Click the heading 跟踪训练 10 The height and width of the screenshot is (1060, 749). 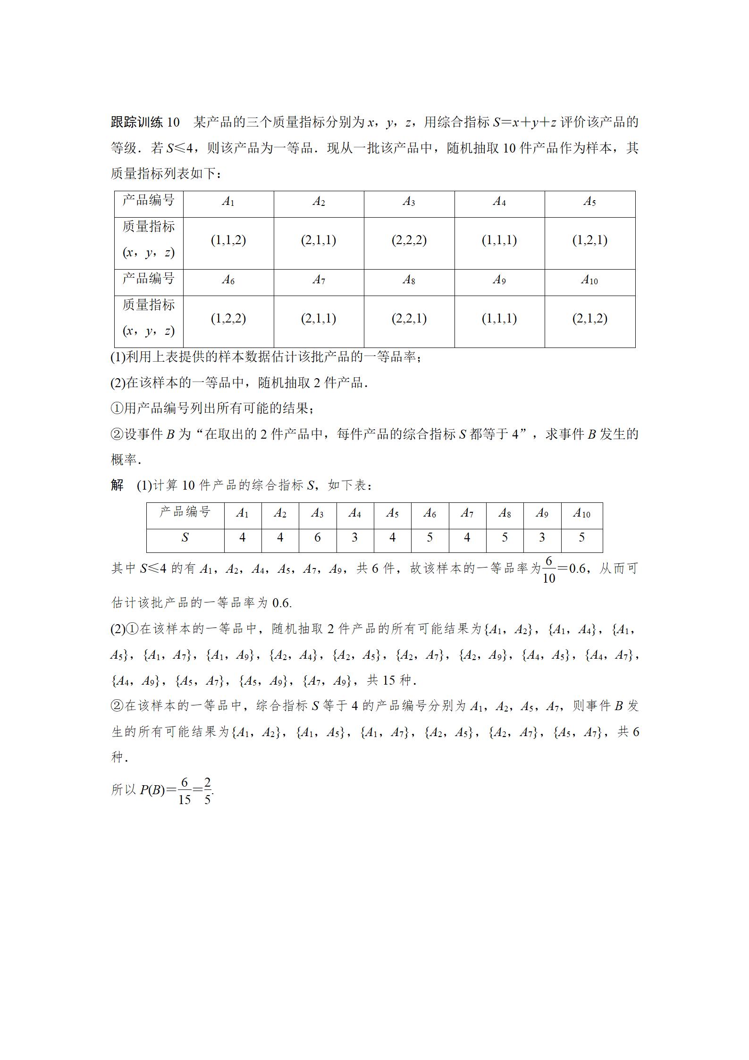point(145,122)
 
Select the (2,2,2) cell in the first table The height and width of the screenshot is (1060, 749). point(409,240)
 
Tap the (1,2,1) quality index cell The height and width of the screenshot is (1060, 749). point(589,240)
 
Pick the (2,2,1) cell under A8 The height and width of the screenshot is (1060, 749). point(409,319)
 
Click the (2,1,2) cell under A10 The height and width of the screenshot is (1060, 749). point(589,319)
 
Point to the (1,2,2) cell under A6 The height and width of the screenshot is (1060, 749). point(228,319)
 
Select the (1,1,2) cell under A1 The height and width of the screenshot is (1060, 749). point(228,240)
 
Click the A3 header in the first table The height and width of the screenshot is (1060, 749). point(409,202)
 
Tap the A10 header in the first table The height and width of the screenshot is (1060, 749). point(589,280)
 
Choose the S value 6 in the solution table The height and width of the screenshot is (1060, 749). point(318,537)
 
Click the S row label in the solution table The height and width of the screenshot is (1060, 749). point(185,537)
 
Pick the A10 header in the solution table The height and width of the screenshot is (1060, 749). point(581,513)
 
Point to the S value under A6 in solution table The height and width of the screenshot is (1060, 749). point(429,537)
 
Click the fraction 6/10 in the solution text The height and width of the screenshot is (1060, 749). point(548,569)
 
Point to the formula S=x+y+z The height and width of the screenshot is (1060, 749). point(524,122)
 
